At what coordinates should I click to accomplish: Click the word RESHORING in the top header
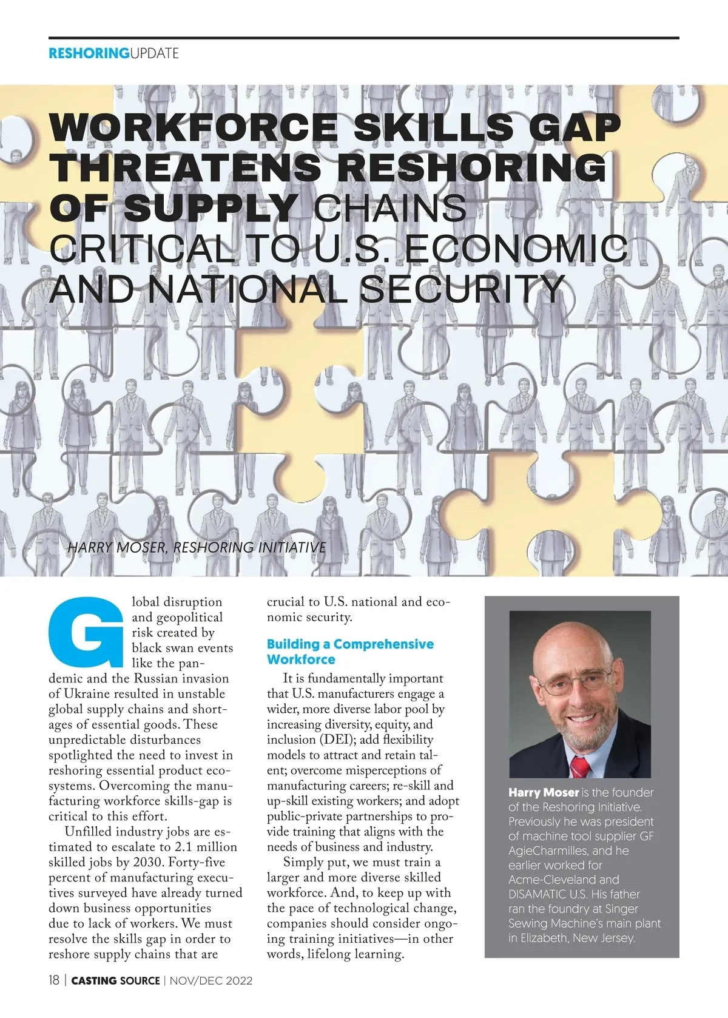tap(89, 53)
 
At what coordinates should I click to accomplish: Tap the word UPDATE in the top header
tap(155, 53)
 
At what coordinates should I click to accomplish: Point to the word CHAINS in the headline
tap(390, 208)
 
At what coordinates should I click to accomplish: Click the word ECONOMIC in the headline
tap(516, 249)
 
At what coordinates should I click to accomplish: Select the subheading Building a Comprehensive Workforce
tap(350, 652)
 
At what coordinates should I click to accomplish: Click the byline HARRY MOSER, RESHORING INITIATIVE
tap(197, 547)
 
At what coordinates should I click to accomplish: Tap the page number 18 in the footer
tap(54, 980)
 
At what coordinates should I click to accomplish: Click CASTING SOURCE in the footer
tap(116, 980)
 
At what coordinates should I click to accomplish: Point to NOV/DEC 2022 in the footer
tap(211, 980)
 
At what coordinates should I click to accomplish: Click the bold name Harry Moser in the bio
tap(544, 792)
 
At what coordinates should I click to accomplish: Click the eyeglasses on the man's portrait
tap(574, 682)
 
